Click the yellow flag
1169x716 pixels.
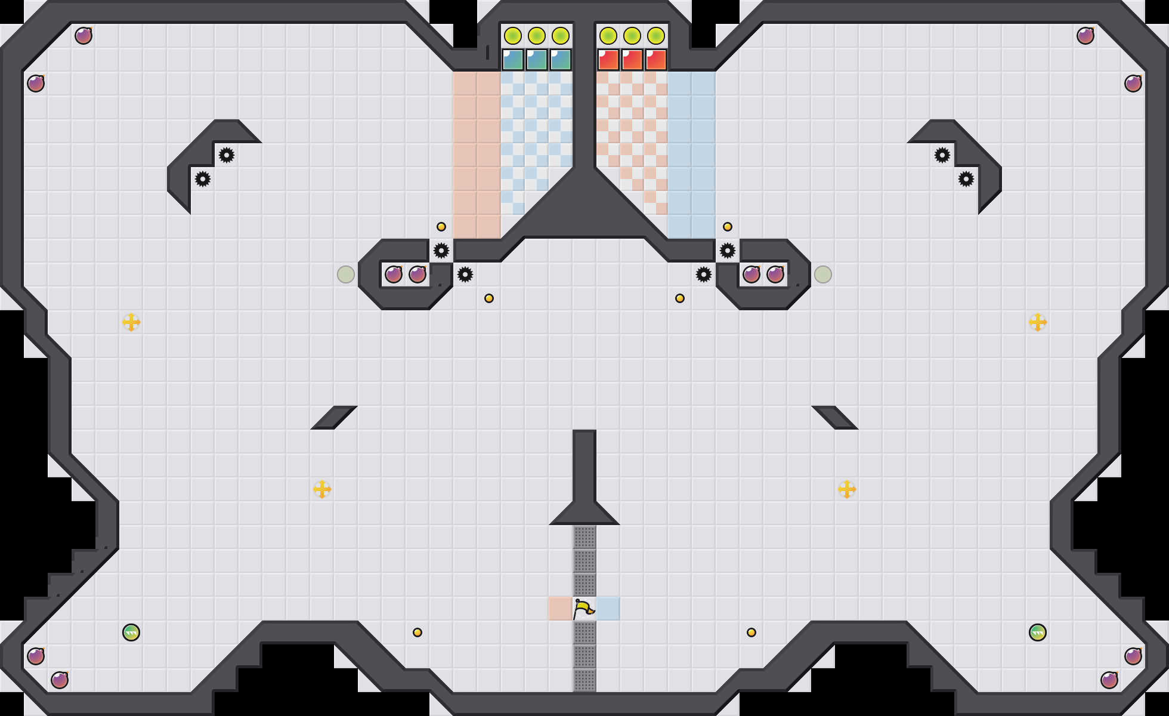583,609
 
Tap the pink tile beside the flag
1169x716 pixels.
561,609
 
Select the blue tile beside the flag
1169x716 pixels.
608,609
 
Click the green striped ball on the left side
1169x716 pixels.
131,632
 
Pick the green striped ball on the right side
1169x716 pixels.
1038,632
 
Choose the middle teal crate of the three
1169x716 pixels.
537,60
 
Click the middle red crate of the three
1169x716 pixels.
632,60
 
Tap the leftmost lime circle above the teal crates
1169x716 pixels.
513,36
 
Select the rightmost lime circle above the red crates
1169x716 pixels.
656,36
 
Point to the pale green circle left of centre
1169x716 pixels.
346,274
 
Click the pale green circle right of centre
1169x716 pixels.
823,274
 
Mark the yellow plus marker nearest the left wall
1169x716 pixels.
131,322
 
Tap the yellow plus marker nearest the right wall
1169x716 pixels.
1038,322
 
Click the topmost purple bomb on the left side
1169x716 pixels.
83,36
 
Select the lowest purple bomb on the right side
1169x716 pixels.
1109,680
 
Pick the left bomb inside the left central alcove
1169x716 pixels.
394,274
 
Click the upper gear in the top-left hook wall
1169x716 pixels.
227,155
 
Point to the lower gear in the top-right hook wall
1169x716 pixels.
966,179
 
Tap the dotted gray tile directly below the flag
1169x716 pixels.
584,632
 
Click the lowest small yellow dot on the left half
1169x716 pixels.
417,632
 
